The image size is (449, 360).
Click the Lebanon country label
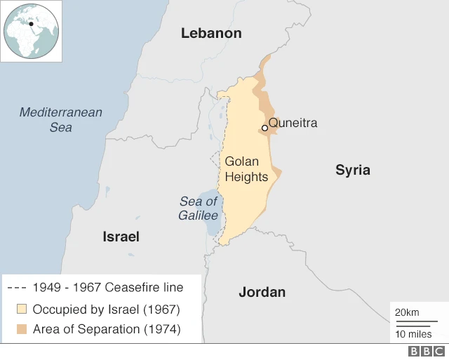(210, 33)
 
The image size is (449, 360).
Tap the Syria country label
(352, 170)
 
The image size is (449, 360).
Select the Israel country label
(121, 236)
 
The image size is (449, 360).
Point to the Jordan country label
(262, 292)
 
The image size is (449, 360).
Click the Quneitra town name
(293, 123)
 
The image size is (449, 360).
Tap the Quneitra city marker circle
(264, 128)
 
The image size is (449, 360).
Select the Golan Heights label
(246, 169)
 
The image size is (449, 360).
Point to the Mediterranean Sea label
(60, 119)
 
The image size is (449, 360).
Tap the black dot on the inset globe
(32, 24)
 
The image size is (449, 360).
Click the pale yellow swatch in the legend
(22, 309)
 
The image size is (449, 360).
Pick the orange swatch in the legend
(22, 329)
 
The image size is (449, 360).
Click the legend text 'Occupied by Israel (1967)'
(107, 309)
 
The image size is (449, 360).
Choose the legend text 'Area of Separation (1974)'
(107, 329)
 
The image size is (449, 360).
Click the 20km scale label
(408, 312)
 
